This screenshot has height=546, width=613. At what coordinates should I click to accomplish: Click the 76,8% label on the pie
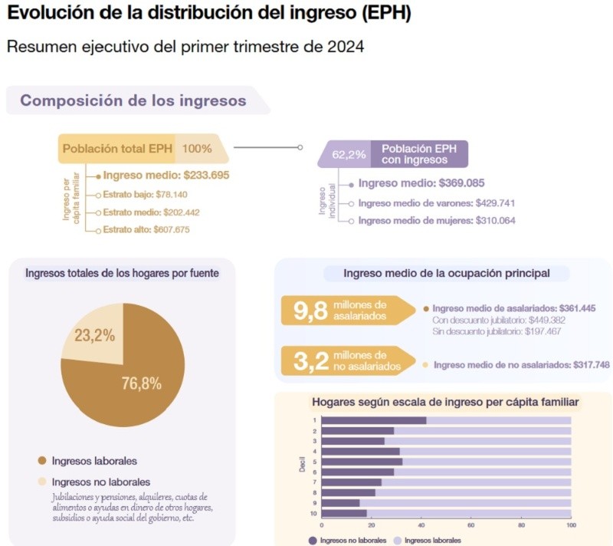click(141, 384)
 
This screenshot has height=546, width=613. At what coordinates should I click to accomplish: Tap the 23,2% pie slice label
click(95, 335)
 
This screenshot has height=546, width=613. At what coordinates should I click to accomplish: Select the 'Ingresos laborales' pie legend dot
click(41, 461)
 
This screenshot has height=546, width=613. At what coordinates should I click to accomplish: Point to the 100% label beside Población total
click(197, 148)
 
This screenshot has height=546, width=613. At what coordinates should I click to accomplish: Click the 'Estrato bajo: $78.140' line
click(145, 195)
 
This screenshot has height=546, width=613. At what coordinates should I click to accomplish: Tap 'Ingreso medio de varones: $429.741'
click(436, 203)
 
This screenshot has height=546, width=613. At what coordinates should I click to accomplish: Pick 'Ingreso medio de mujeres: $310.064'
click(437, 221)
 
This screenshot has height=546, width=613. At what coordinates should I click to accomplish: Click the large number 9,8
click(310, 311)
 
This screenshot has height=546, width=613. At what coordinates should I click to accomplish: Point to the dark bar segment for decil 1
click(373, 420)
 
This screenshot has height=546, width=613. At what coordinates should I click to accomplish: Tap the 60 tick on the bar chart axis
click(471, 526)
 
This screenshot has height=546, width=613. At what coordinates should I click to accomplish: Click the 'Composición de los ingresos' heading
click(133, 100)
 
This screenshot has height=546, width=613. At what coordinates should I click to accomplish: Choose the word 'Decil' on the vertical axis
click(301, 466)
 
